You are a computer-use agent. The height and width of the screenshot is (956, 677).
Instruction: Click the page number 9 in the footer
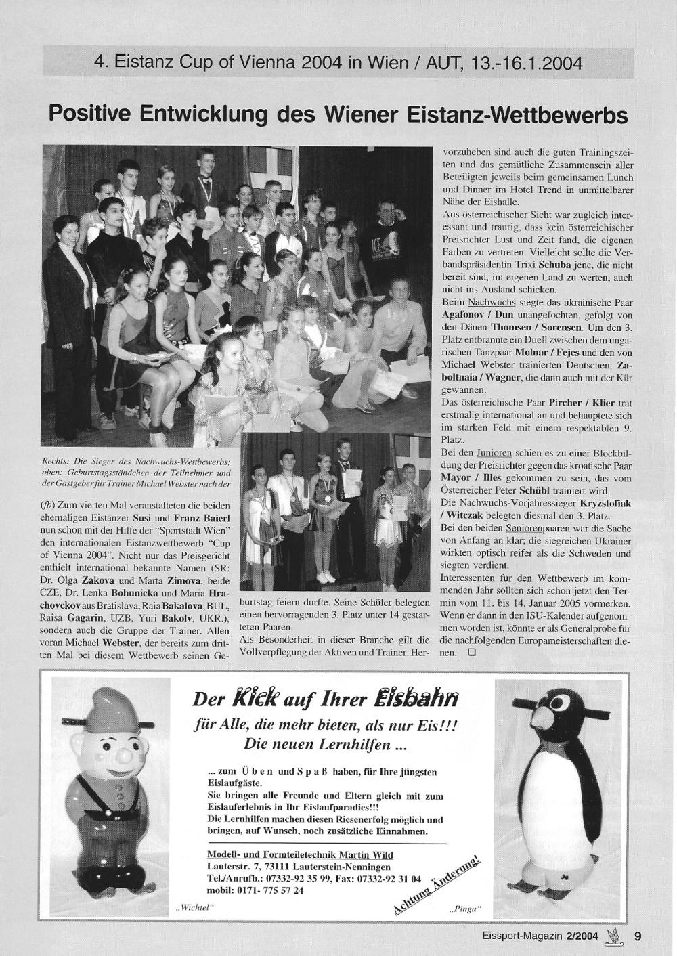(638, 937)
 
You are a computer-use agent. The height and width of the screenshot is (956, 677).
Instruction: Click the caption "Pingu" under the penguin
(463, 908)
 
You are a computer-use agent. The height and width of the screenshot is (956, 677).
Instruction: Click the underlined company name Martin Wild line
(300, 855)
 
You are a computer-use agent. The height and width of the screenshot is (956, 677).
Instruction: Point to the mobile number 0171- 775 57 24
(255, 890)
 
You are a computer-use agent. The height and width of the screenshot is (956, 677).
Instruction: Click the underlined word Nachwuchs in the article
(492, 301)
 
